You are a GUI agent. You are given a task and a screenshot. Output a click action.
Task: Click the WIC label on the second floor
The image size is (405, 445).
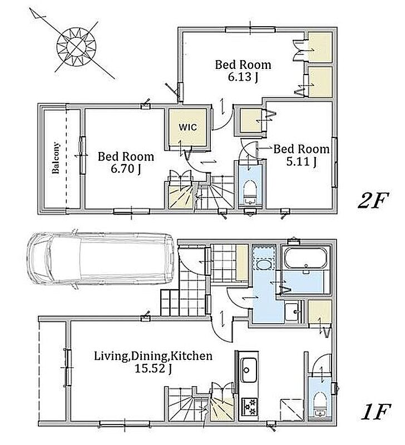(x=187, y=127)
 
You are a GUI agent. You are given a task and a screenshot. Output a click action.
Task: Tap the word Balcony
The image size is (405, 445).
(x=56, y=158)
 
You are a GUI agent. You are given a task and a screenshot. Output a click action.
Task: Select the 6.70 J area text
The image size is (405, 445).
(x=126, y=169)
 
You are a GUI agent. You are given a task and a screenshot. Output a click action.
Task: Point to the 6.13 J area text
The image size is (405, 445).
(x=243, y=77)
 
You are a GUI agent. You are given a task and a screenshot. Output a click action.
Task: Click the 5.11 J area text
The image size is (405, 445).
(x=301, y=162)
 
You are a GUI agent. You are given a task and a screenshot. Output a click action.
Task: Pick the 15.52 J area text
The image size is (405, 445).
(x=153, y=369)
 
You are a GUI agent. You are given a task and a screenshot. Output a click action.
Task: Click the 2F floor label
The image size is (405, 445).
(x=373, y=201)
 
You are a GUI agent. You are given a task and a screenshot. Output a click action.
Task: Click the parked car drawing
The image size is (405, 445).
(x=101, y=259)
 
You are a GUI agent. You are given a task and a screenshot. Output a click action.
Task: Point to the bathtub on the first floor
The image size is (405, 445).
(x=305, y=258)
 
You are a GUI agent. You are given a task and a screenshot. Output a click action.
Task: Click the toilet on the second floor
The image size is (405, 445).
(x=250, y=191)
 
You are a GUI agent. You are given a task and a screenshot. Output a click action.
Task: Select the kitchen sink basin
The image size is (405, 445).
(x=249, y=370)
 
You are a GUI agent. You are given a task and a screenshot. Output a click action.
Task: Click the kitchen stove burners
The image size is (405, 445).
(x=249, y=407)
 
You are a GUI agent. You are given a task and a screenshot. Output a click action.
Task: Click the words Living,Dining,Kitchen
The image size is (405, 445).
(x=153, y=355)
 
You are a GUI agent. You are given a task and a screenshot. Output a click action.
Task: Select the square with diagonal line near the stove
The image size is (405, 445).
(x=292, y=409)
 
